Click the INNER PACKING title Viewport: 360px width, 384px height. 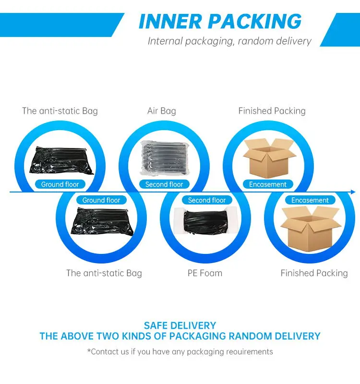click(220, 22)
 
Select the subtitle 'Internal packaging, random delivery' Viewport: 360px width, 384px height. click(229, 41)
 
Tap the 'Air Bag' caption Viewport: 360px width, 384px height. click(161, 111)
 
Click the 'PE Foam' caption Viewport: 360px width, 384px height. click(204, 273)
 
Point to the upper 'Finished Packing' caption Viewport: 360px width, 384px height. click(272, 111)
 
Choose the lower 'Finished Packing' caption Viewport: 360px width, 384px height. click(314, 273)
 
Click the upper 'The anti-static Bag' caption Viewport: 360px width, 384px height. click(60, 111)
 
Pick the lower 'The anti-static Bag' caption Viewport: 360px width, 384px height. click(104, 273)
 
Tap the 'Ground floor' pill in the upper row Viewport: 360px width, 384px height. click(60, 184)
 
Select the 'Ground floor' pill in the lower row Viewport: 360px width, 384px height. click(101, 200)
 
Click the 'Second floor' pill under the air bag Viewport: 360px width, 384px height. click(164, 184)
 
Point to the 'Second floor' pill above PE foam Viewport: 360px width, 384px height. click(207, 200)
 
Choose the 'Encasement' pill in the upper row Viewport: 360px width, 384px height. click(268, 184)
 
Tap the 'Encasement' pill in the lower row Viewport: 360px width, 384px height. click(310, 200)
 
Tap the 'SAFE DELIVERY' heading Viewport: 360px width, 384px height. click(180, 325)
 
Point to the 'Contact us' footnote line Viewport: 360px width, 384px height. click(180, 352)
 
